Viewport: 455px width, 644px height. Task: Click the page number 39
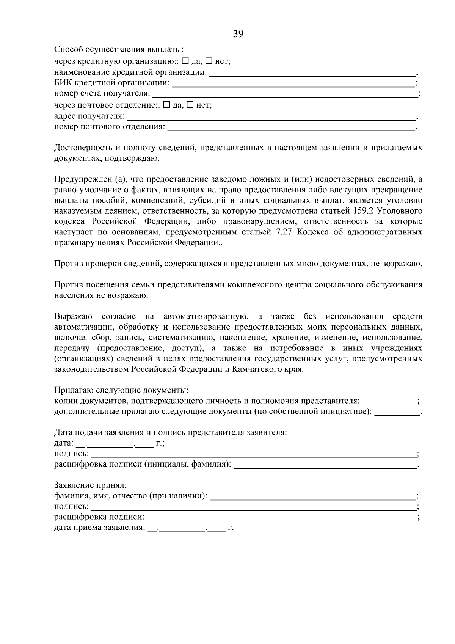click(238, 34)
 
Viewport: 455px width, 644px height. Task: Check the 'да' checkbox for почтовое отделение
click(167, 105)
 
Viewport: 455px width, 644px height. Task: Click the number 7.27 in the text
click(281, 232)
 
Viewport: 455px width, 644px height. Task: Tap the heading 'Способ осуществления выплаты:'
click(119, 50)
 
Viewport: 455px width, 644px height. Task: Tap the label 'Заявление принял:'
click(90, 485)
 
